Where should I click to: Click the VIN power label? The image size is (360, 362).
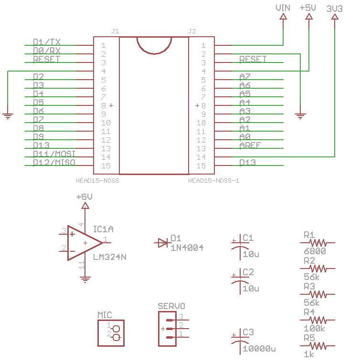pyautogui.click(x=283, y=8)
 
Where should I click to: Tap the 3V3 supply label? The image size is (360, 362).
pyautogui.click(x=335, y=9)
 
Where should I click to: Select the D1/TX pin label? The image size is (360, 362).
pyautogui.click(x=46, y=42)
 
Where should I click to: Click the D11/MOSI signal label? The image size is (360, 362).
pyautogui.click(x=54, y=154)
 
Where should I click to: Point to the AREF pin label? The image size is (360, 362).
pyautogui.click(x=250, y=145)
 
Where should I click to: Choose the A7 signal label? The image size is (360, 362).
pyautogui.click(x=245, y=76)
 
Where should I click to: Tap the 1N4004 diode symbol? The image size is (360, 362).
pyautogui.click(x=163, y=243)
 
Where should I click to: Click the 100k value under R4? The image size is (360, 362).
pyautogui.click(x=314, y=328)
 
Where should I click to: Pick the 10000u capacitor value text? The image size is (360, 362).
pyautogui.click(x=259, y=349)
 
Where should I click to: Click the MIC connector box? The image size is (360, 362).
pyautogui.click(x=111, y=332)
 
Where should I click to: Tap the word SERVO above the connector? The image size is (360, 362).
pyautogui.click(x=171, y=306)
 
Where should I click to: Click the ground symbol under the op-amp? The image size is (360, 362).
pyautogui.click(x=85, y=280)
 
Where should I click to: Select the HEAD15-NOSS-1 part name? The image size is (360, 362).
pyautogui.click(x=213, y=181)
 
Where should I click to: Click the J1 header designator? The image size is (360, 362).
pyautogui.click(x=115, y=31)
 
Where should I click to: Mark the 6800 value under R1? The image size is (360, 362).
pyautogui.click(x=314, y=251)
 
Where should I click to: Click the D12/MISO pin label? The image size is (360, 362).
pyautogui.click(x=54, y=163)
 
